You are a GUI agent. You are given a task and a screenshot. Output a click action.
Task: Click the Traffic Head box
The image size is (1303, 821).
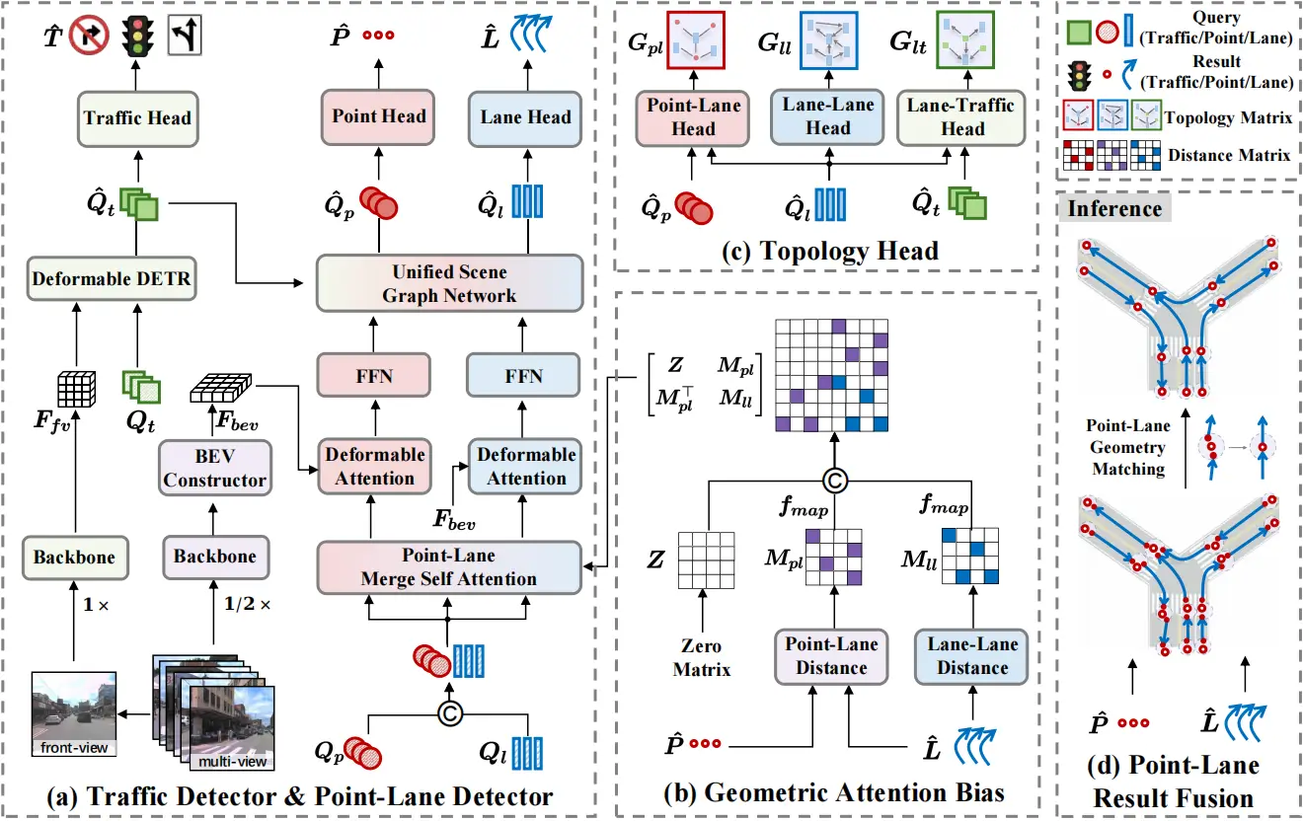tap(138, 118)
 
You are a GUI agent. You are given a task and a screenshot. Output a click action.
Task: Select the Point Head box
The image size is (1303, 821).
tap(378, 116)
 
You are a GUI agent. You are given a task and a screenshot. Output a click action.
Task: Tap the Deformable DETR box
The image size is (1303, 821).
tap(112, 278)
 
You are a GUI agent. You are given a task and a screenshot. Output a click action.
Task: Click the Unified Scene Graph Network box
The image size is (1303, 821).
tap(450, 283)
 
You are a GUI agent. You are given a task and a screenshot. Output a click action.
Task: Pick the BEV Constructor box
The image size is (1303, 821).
tap(214, 468)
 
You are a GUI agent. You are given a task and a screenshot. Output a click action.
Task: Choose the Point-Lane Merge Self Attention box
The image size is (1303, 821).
tap(449, 567)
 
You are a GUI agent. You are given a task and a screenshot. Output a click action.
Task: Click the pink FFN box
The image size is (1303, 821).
tap(374, 376)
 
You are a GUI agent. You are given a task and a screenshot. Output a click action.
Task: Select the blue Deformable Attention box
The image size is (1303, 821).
tap(526, 467)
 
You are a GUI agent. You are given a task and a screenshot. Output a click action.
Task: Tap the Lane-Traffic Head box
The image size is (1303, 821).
tap(961, 117)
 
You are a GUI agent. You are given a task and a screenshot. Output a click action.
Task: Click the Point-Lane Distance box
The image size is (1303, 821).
tap(831, 656)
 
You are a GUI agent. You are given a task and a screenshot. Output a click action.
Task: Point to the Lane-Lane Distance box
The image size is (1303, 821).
tap(971, 656)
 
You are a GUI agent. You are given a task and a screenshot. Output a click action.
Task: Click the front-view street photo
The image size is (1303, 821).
tap(74, 713)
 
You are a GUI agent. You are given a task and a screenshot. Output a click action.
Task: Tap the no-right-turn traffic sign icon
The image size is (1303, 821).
tap(89, 35)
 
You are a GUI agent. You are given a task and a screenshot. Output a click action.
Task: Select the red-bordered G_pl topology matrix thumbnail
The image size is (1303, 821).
tap(696, 40)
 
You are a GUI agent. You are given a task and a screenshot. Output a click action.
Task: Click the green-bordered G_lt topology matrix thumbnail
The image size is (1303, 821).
tap(965, 40)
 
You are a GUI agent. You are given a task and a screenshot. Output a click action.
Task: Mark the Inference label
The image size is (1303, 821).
tap(1114, 208)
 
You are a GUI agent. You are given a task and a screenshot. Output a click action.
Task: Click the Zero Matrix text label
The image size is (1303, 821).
tap(702, 657)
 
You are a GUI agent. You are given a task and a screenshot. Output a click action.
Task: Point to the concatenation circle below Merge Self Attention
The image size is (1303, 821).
tap(450, 713)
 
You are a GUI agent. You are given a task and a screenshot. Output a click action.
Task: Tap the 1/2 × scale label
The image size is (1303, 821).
tap(247, 604)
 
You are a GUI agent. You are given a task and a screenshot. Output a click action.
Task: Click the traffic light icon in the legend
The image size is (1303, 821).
tap(1079, 76)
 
